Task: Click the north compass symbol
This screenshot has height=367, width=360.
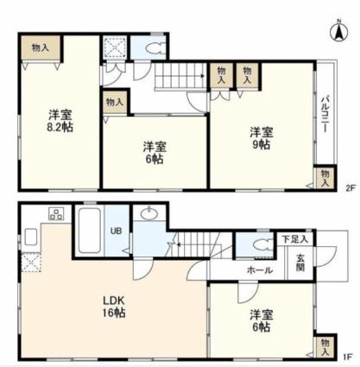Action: (339, 31)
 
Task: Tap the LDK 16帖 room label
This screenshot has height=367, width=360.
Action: (114, 307)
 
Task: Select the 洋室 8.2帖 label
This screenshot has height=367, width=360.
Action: (60, 121)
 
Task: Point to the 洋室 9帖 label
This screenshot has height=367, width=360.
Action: (262, 138)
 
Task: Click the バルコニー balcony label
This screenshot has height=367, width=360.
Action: (325, 113)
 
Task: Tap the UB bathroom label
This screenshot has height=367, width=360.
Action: (117, 231)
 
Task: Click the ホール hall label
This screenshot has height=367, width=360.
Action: (260, 270)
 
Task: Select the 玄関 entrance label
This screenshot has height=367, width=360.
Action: (300, 263)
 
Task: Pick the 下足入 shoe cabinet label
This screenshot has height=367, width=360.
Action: (294, 239)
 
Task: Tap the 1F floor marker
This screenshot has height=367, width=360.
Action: (348, 358)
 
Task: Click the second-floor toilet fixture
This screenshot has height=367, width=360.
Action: (155, 48)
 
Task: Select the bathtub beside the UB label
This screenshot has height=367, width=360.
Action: (89, 230)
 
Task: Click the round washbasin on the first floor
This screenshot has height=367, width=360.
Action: (149, 213)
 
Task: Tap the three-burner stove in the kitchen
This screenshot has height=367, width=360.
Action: (56, 214)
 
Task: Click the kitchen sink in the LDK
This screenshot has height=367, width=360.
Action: (30, 237)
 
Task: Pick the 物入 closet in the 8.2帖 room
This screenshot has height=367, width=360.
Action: (41, 47)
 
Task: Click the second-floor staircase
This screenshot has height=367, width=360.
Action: (180, 75)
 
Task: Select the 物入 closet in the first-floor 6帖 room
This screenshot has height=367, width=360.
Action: (325, 347)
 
